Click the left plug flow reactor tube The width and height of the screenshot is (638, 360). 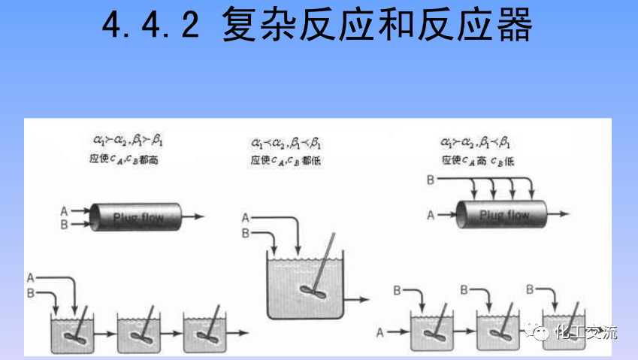tap(135, 216)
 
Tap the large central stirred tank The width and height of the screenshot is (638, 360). tap(307, 289)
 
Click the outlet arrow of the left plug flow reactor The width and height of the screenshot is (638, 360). tap(194, 216)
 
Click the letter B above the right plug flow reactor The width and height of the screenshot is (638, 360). tap(431, 180)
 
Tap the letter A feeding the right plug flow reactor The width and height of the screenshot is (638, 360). tap(431, 215)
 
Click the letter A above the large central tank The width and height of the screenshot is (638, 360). tap(245, 218)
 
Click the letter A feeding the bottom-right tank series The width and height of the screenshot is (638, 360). tap(379, 331)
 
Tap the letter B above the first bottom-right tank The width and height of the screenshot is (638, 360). tap(397, 289)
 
